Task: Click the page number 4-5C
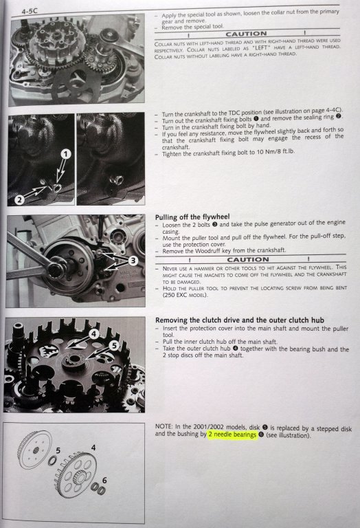pyautogui.click(x=30, y=11)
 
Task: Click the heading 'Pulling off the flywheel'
pyautogui.click(x=192, y=217)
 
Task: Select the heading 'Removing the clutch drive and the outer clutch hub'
pyautogui.click(x=240, y=320)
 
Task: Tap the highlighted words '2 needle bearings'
pyautogui.click(x=232, y=434)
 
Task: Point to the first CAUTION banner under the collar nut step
pyautogui.click(x=246, y=34)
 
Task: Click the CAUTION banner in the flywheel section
pyautogui.click(x=248, y=259)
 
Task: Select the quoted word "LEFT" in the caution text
pyautogui.click(x=261, y=48)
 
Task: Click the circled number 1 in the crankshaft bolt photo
pyautogui.click(x=66, y=154)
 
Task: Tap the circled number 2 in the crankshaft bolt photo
pyautogui.click(x=19, y=199)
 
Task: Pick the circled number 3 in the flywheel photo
pyautogui.click(x=133, y=261)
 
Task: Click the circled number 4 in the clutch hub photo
pyautogui.click(x=94, y=333)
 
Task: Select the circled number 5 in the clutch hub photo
pyautogui.click(x=114, y=345)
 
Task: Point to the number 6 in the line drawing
pyautogui.click(x=104, y=480)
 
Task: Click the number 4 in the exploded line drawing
pyautogui.click(x=93, y=448)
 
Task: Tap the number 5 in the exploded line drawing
pyautogui.click(x=58, y=450)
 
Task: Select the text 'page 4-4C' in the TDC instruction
pyautogui.click(x=328, y=111)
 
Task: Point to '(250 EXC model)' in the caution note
pyautogui.click(x=185, y=295)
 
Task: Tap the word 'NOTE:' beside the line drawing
pyautogui.click(x=164, y=426)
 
